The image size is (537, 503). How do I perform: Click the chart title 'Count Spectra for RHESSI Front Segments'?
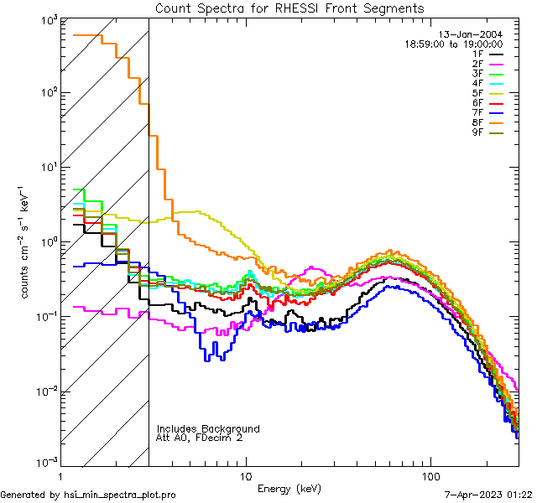coord(289,8)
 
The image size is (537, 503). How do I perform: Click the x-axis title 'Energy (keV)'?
coord(289,488)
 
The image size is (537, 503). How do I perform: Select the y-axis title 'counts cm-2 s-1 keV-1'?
coord(26,241)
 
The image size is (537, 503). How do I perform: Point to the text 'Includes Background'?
coord(207,429)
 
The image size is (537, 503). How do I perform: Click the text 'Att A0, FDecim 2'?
coord(201,438)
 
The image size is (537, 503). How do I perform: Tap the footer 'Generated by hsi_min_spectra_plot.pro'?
coord(88,495)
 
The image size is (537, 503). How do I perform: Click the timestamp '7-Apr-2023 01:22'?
coord(488,495)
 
